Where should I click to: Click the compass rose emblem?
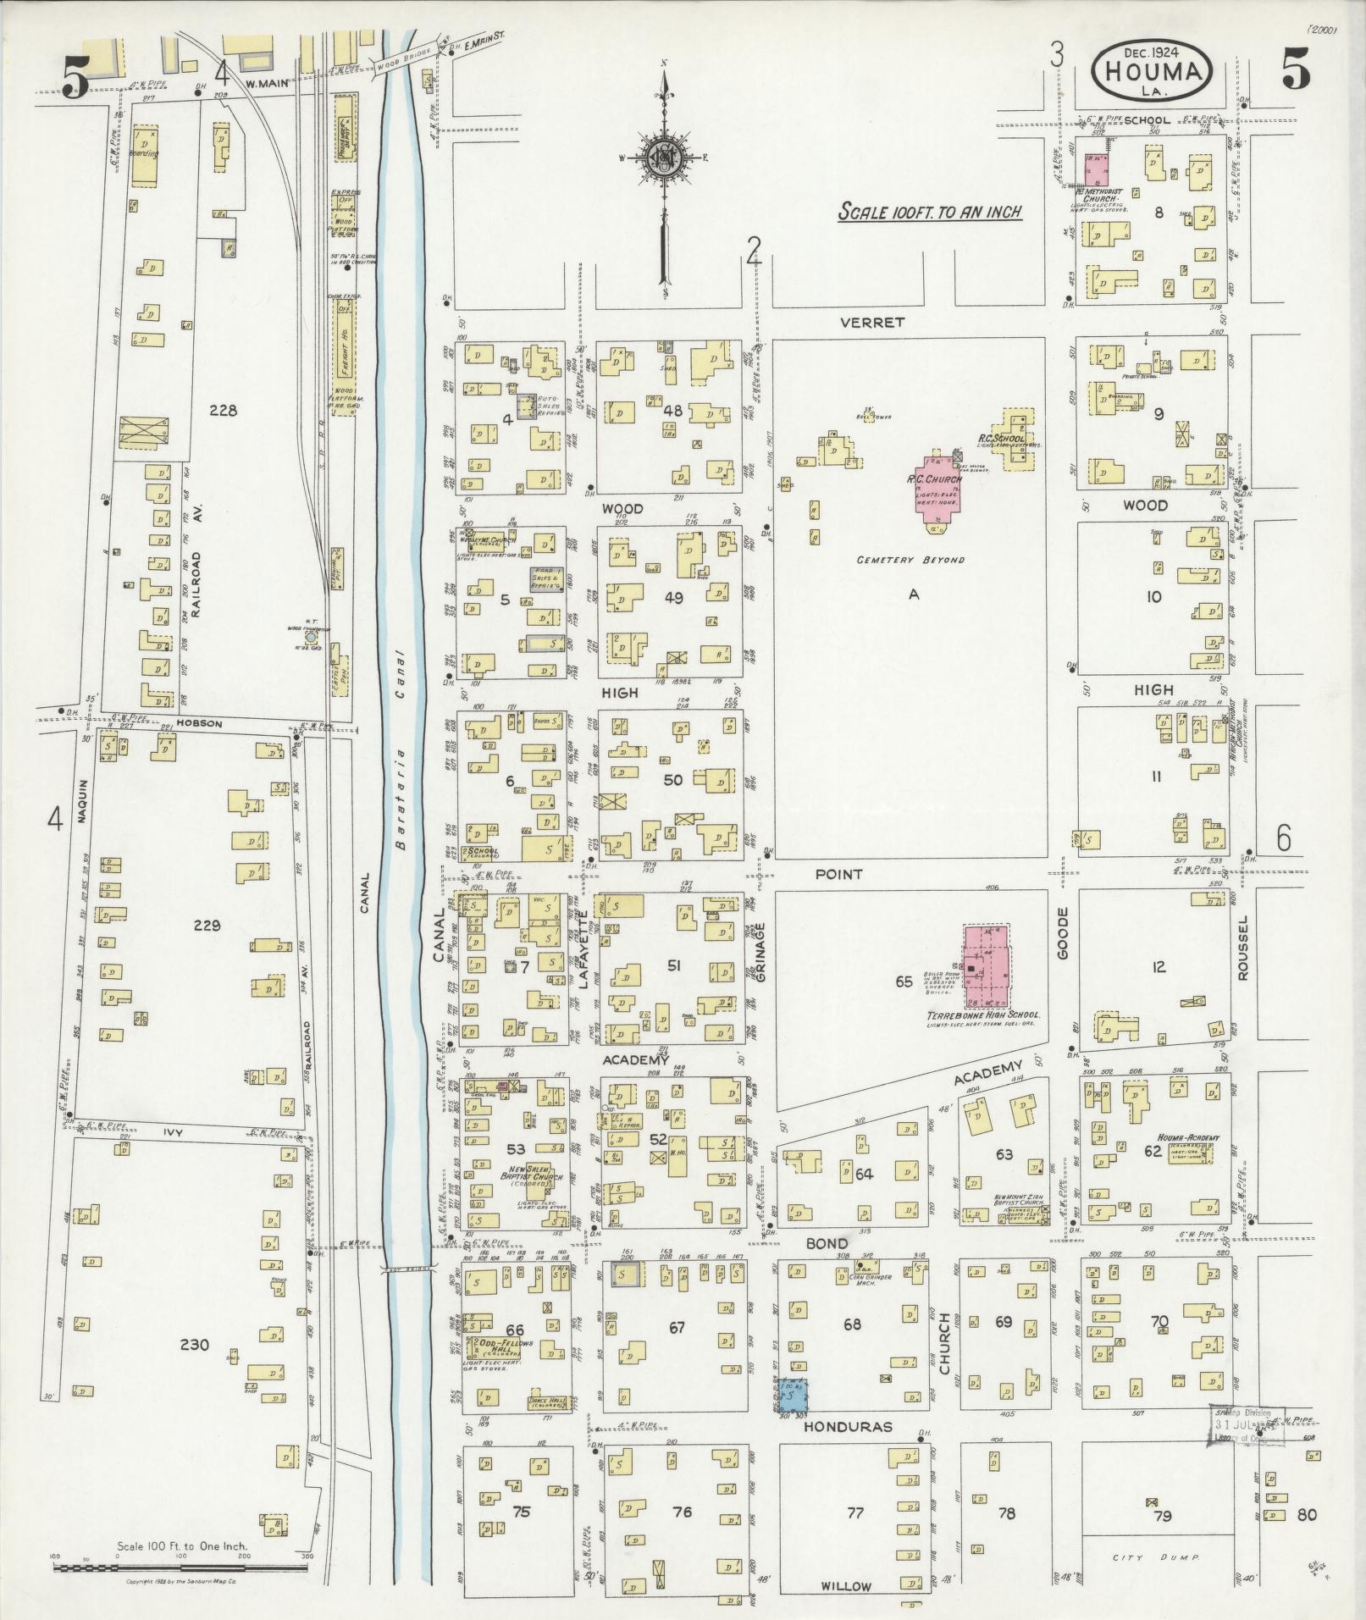coord(665,158)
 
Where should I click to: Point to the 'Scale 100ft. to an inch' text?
coord(929,212)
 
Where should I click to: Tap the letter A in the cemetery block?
coord(914,594)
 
